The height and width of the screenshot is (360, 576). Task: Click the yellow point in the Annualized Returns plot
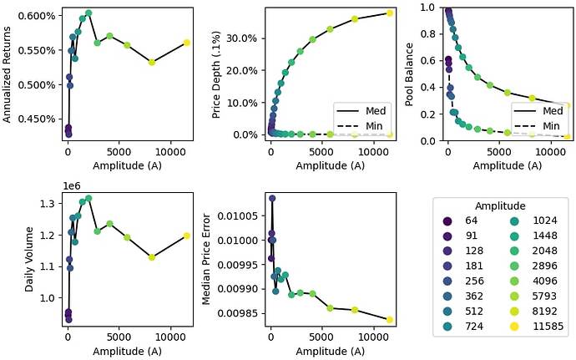(187, 43)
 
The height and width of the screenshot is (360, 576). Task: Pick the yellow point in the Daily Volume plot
(187, 236)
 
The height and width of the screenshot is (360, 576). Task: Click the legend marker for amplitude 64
(447, 221)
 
